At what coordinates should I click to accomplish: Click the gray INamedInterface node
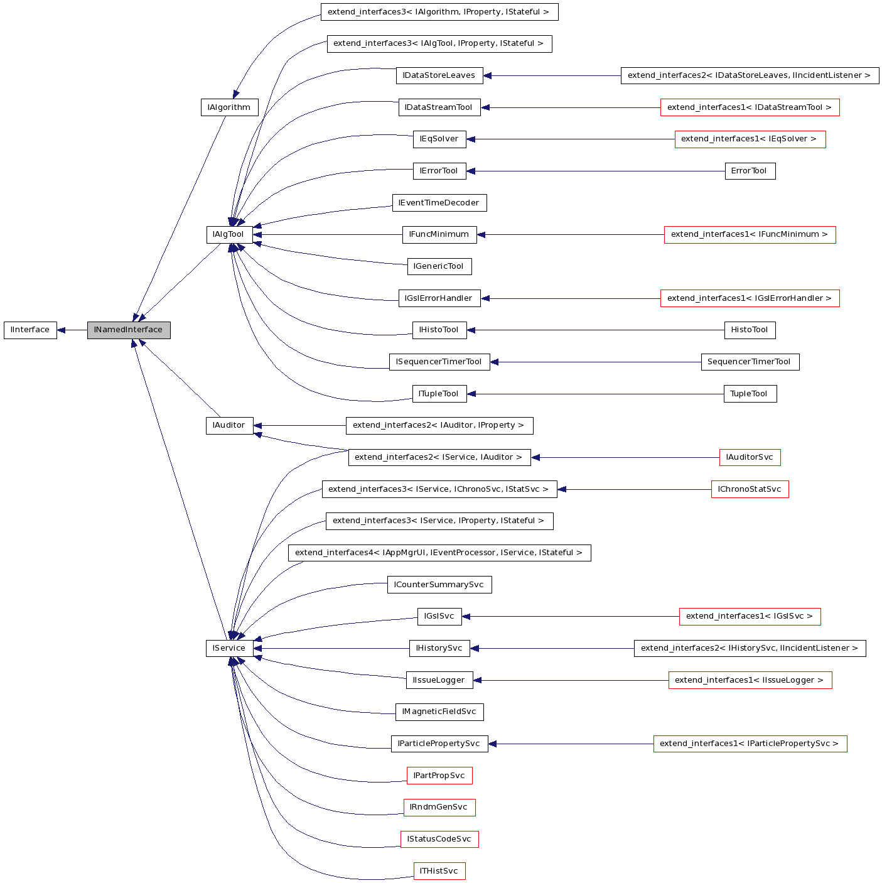(x=129, y=330)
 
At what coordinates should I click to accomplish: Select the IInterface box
(x=30, y=330)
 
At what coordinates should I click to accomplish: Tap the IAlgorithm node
(x=229, y=107)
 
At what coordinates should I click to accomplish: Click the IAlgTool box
(x=229, y=234)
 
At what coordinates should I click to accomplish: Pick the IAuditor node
(x=229, y=425)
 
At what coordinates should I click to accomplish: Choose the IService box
(x=229, y=648)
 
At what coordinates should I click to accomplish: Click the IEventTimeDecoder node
(x=439, y=203)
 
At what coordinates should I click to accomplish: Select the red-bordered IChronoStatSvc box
(x=750, y=489)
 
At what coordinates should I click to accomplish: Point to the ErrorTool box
(x=750, y=171)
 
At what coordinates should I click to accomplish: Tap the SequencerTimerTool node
(x=750, y=362)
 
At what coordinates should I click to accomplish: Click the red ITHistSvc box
(x=439, y=871)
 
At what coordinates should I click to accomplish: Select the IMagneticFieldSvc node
(x=439, y=712)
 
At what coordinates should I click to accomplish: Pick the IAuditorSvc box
(x=750, y=457)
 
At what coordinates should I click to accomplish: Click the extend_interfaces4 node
(x=439, y=553)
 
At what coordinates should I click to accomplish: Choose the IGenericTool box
(x=439, y=266)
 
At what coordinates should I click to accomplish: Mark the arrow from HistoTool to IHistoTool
(x=596, y=330)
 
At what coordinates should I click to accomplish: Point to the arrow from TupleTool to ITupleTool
(x=596, y=394)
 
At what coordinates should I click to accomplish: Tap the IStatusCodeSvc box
(x=439, y=839)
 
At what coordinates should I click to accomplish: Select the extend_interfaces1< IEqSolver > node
(x=750, y=139)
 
